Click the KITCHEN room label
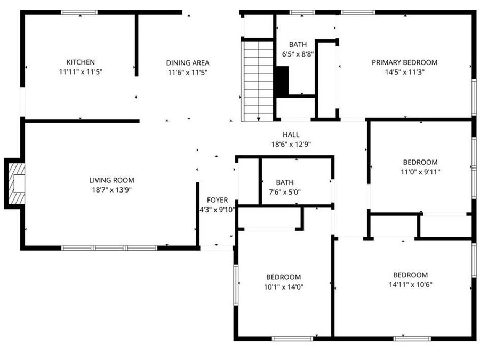pyautogui.click(x=81, y=62)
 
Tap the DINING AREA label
pyautogui.click(x=187, y=62)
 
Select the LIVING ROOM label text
pyautogui.click(x=111, y=180)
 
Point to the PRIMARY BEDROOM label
pyautogui.click(x=404, y=62)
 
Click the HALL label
pyautogui.click(x=291, y=135)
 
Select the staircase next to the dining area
pyautogui.click(x=259, y=80)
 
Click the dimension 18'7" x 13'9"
pyautogui.click(x=111, y=190)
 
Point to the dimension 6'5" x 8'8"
pyautogui.click(x=298, y=54)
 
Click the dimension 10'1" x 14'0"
pyautogui.click(x=283, y=287)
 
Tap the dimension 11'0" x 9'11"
pyautogui.click(x=420, y=172)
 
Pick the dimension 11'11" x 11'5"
pyautogui.click(x=81, y=71)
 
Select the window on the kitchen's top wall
pyautogui.click(x=79, y=12)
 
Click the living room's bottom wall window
pyautogui.click(x=109, y=247)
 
